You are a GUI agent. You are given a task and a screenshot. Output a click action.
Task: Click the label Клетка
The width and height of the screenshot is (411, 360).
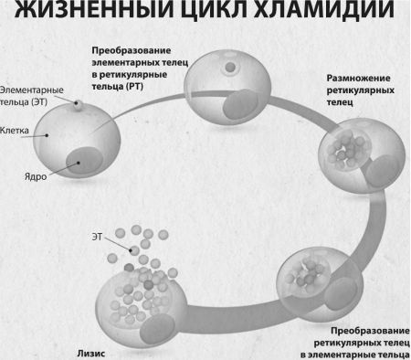pos(16,131)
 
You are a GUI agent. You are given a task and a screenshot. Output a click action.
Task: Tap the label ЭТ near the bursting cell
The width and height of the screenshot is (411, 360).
pos(97,237)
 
